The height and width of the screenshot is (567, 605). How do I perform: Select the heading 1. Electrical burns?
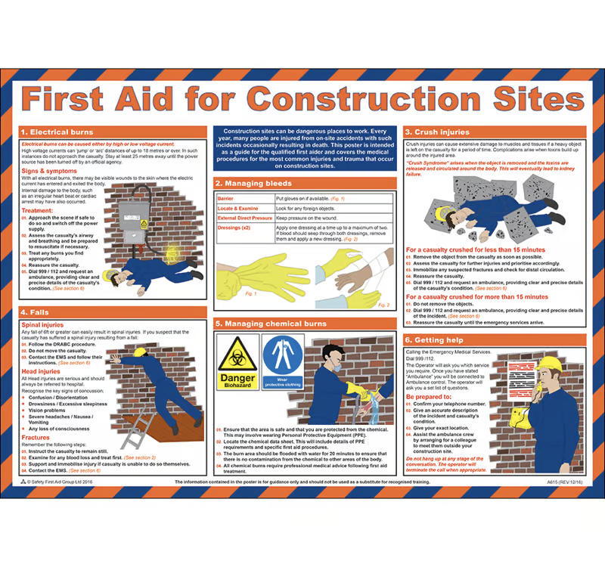click(x=56, y=132)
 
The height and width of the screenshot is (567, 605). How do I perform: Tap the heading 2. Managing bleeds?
click(x=253, y=183)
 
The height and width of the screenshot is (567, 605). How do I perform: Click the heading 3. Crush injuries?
click(x=439, y=132)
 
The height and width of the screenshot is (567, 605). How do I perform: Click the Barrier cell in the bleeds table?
click(x=228, y=198)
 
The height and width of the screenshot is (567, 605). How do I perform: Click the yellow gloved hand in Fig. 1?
click(x=250, y=272)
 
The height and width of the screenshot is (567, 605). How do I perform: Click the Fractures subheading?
click(x=36, y=437)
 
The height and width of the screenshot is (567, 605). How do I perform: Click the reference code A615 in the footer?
click(x=541, y=482)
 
